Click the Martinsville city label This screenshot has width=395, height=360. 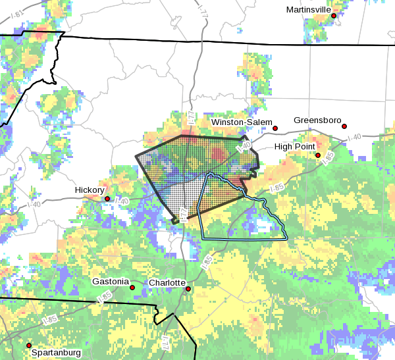click(308, 9)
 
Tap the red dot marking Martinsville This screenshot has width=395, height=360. click(334, 16)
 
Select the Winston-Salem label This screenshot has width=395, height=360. click(241, 122)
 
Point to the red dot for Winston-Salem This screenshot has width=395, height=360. click(276, 128)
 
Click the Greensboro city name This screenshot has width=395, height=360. click(317, 120)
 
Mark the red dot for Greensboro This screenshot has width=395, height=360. click(344, 126)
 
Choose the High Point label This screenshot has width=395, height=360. click(294, 146)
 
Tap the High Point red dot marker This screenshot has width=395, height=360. click(318, 155)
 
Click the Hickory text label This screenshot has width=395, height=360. click(90, 190)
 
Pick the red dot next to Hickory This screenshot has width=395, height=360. click(107, 198)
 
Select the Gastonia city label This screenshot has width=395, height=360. click(110, 281)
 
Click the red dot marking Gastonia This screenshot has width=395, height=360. click(132, 288)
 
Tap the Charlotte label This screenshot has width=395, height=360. click(167, 282)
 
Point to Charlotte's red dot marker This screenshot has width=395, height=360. click(188, 288)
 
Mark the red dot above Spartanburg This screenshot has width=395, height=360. click(28, 345)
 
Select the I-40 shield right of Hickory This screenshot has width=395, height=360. click(122, 200)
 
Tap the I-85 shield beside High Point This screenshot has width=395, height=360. click(329, 156)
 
